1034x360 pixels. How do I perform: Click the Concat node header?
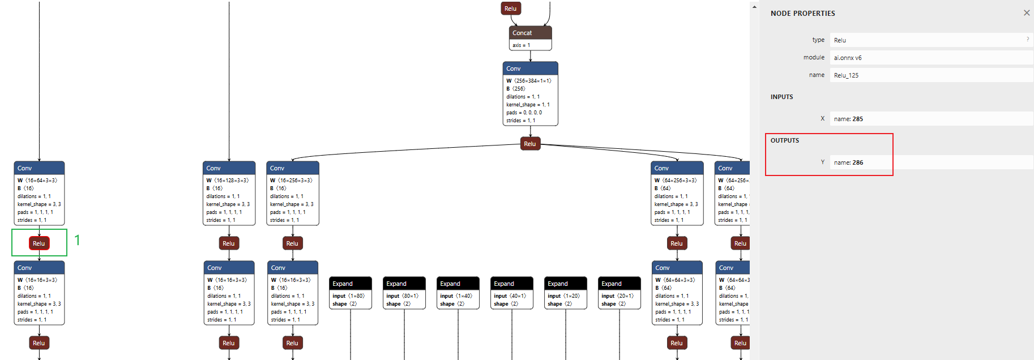(530, 33)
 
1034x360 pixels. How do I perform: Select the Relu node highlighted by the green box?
(39, 243)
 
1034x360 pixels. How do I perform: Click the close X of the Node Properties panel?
(1027, 13)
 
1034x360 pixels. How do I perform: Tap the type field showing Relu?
(929, 40)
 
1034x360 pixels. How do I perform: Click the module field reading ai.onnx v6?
(929, 58)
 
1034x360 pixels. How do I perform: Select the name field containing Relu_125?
(929, 75)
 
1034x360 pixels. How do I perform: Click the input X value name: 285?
(929, 119)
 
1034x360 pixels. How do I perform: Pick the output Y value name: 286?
(929, 162)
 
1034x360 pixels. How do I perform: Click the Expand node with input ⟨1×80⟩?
(351, 284)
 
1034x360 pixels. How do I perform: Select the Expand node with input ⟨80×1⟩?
(404, 284)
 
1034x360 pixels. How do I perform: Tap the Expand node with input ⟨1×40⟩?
(458, 284)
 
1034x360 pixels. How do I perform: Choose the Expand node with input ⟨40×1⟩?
(512, 284)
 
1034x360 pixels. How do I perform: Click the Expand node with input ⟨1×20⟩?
(566, 284)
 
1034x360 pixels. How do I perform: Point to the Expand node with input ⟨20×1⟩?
(619, 284)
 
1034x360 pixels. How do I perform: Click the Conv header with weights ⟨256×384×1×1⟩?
(530, 68)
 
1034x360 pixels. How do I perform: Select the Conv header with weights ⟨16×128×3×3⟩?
(229, 168)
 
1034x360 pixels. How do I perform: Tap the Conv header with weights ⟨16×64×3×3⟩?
(39, 168)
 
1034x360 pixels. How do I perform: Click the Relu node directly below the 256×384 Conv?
(530, 144)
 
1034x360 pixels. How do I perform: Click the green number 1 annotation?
(77, 240)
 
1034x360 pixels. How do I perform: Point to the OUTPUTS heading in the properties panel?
(785, 140)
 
